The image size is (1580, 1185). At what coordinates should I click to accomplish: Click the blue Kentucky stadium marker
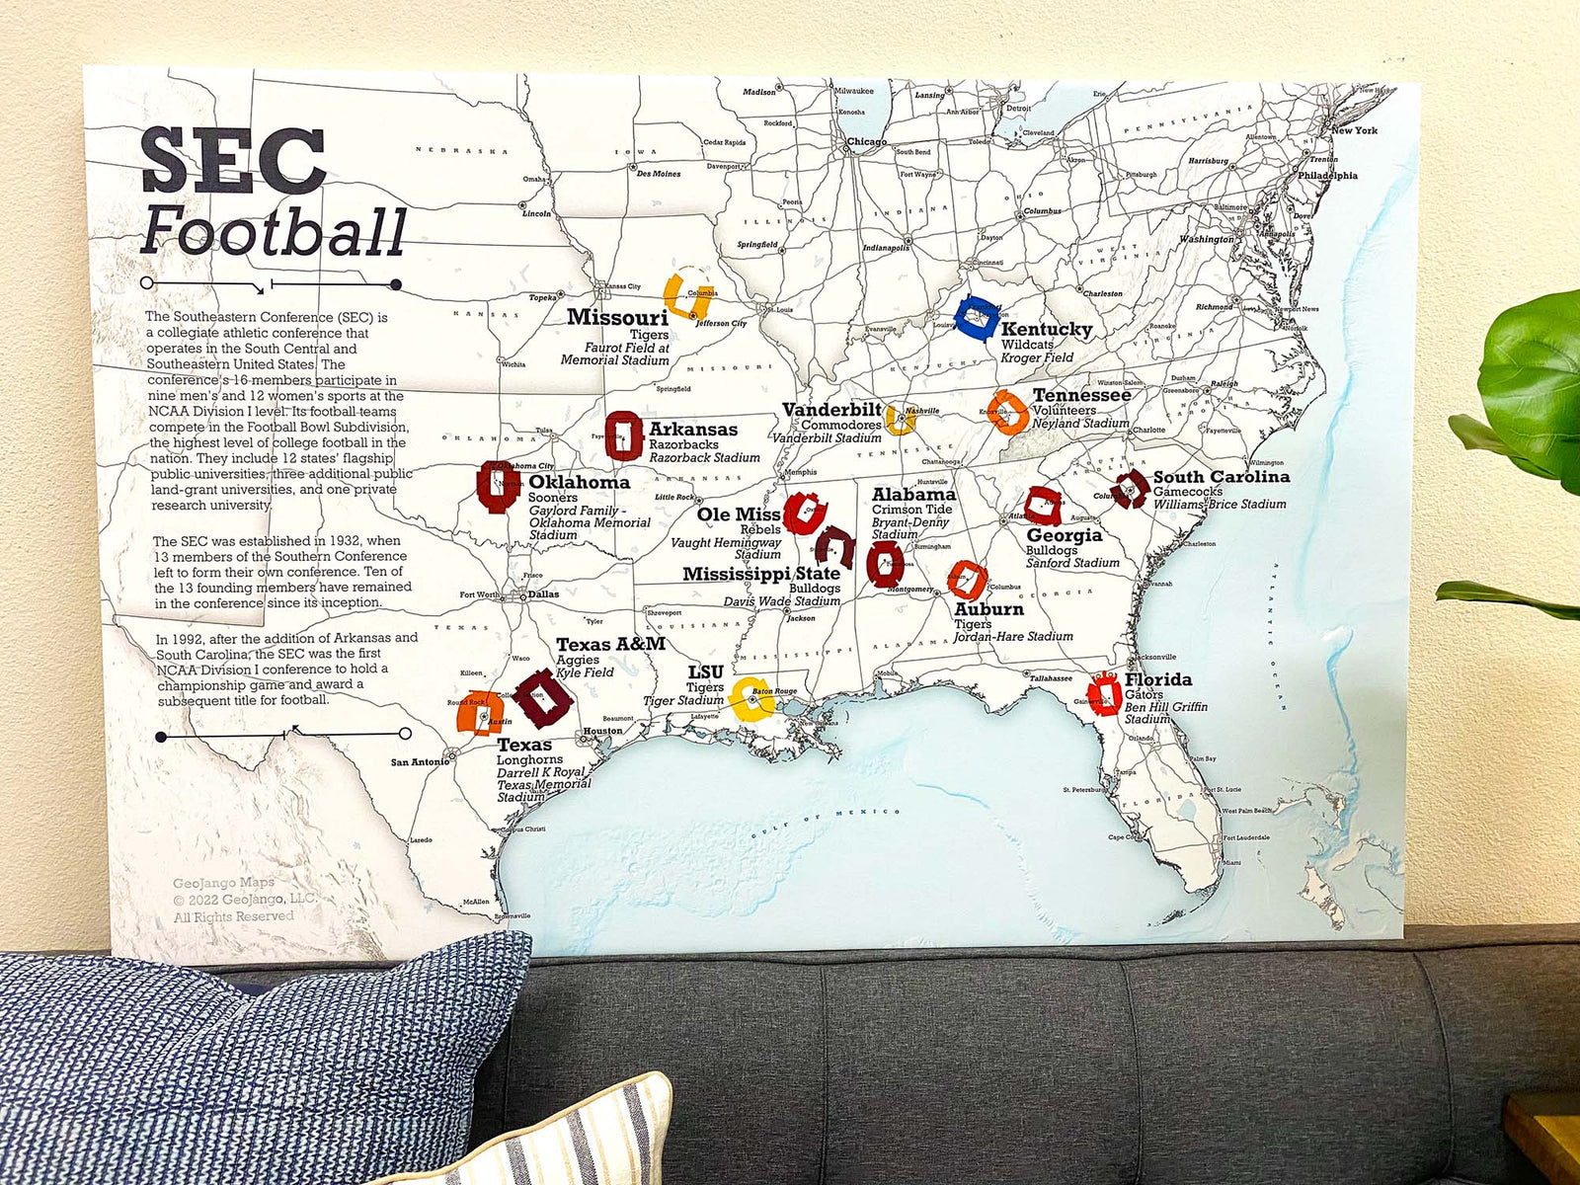[x=979, y=318]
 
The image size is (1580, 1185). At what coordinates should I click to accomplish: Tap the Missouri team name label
[x=617, y=317]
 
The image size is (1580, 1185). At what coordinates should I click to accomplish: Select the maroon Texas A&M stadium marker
[x=543, y=697]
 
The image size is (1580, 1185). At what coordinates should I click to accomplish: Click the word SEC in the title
[x=233, y=161]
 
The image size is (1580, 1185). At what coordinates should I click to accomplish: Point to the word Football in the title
[x=273, y=231]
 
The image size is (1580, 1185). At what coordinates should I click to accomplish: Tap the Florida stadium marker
[x=1104, y=695]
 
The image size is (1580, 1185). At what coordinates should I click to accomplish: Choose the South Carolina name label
[x=1221, y=477]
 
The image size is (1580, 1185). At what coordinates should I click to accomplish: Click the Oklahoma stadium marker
[x=497, y=486]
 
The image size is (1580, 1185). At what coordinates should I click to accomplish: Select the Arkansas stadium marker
[x=623, y=435]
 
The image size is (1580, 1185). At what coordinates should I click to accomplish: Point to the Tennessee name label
[x=1081, y=395]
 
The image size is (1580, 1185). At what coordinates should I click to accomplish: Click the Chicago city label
[x=866, y=142]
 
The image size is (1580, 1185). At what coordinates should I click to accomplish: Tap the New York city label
[x=1354, y=130]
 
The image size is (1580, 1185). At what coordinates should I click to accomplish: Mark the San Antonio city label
[x=419, y=762]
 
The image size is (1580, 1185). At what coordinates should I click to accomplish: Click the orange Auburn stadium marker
[x=967, y=580]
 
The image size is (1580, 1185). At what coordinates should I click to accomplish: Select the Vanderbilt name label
[x=831, y=410]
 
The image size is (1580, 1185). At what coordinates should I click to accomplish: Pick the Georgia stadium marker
[x=1042, y=506]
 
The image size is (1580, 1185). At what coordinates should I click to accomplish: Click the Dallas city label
[x=543, y=594]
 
